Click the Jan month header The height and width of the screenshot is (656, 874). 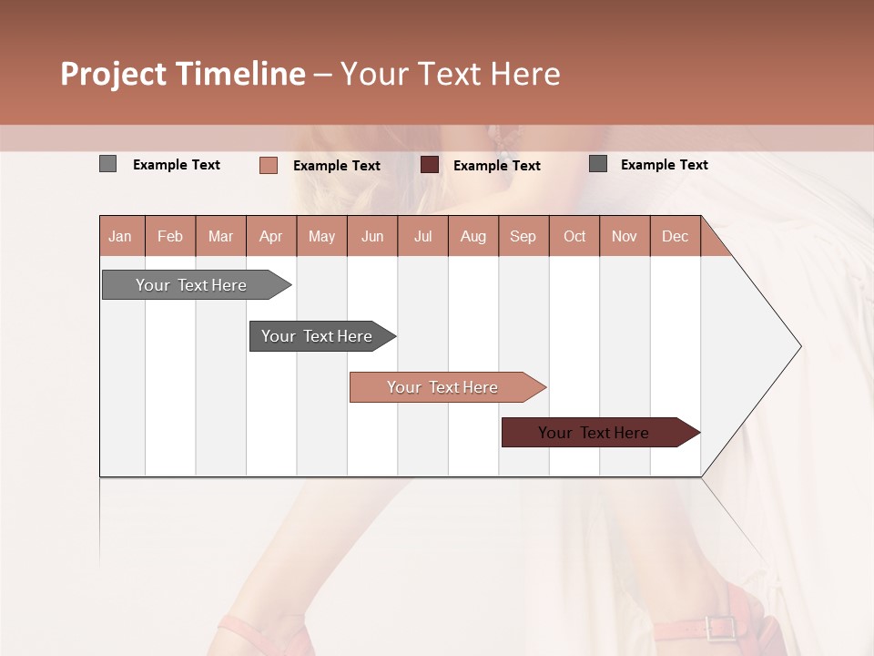coord(121,237)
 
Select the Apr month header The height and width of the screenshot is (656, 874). coord(271,237)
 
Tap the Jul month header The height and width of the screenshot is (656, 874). coord(422,237)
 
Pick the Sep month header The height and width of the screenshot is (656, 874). coord(523,237)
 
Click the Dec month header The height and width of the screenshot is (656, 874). coord(675,237)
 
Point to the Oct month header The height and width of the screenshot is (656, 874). coord(574,237)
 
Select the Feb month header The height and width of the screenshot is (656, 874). coord(170,237)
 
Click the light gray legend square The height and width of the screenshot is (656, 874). coord(107,164)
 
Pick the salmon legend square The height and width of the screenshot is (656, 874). coord(268,165)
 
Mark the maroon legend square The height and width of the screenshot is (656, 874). coord(430,165)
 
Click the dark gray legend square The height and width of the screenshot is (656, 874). coord(597,164)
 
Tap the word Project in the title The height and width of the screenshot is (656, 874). coord(112,74)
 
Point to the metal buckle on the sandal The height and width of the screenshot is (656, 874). coord(719,628)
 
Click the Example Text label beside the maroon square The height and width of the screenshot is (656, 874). coord(496,166)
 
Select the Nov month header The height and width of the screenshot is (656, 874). coord(625,237)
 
